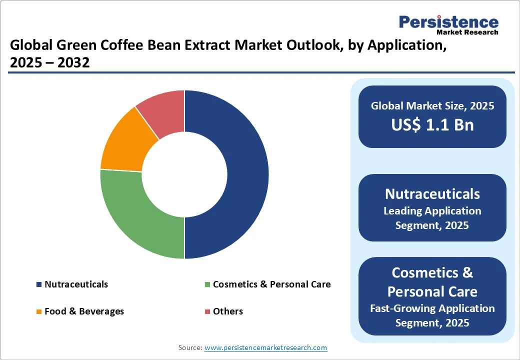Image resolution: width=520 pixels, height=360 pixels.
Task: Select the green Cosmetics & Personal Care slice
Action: click(x=135, y=215)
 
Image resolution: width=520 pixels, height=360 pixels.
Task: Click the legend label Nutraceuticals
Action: click(x=76, y=284)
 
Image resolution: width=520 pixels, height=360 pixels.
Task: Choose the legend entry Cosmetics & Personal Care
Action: click(x=271, y=284)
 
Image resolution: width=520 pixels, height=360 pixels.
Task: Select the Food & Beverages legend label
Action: click(x=84, y=311)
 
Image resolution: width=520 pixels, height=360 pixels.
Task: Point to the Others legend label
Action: click(x=227, y=311)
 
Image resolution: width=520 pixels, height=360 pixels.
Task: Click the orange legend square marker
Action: click(x=39, y=311)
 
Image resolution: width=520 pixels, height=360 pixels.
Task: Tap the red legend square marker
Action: click(x=207, y=311)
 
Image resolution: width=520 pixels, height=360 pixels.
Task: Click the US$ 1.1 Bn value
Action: click(x=432, y=124)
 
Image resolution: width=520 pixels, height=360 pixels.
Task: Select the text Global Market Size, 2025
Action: click(x=432, y=105)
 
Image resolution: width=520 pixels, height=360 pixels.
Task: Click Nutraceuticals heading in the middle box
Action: click(x=432, y=193)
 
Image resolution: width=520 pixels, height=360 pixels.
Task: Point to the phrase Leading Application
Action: click(x=432, y=210)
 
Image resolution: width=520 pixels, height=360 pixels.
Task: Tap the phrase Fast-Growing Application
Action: click(x=432, y=308)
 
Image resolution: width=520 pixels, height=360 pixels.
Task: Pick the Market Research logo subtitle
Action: click(x=467, y=32)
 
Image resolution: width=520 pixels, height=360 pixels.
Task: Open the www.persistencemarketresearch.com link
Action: click(x=265, y=347)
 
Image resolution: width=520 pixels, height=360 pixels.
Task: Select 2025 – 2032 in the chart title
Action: click(x=49, y=63)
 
